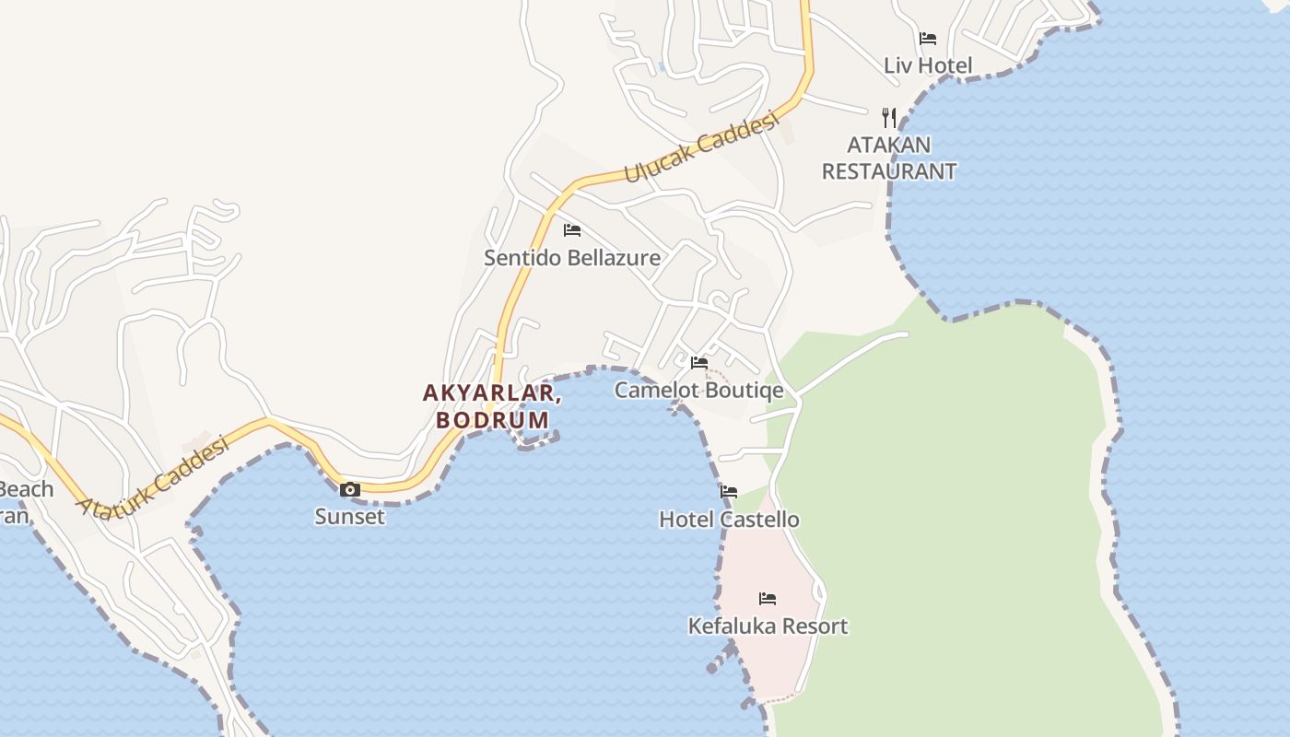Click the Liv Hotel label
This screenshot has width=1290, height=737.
(x=928, y=65)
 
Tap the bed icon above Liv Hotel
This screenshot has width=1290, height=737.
(x=928, y=39)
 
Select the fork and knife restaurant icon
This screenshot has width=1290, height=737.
(x=889, y=117)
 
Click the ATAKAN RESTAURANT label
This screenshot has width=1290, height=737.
(x=889, y=158)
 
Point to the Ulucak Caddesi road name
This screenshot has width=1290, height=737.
(x=702, y=148)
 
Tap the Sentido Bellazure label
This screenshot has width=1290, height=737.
(x=572, y=257)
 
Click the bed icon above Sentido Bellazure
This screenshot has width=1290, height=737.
(x=572, y=230)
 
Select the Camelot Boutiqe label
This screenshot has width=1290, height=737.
(x=699, y=390)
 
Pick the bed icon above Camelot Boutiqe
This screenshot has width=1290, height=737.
(x=699, y=363)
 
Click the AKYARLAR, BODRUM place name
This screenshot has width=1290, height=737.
(x=492, y=406)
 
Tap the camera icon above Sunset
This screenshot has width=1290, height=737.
(x=350, y=489)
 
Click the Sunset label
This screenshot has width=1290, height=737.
(x=350, y=516)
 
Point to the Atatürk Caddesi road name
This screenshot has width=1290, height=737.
(x=153, y=477)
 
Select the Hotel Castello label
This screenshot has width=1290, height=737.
(x=729, y=520)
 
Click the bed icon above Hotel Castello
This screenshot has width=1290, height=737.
(x=729, y=492)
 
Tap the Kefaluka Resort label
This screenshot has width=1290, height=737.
(x=768, y=626)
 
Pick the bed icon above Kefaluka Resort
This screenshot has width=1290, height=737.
(x=768, y=599)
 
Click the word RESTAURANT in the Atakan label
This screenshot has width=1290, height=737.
(x=889, y=171)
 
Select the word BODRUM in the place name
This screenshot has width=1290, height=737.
(x=492, y=420)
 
